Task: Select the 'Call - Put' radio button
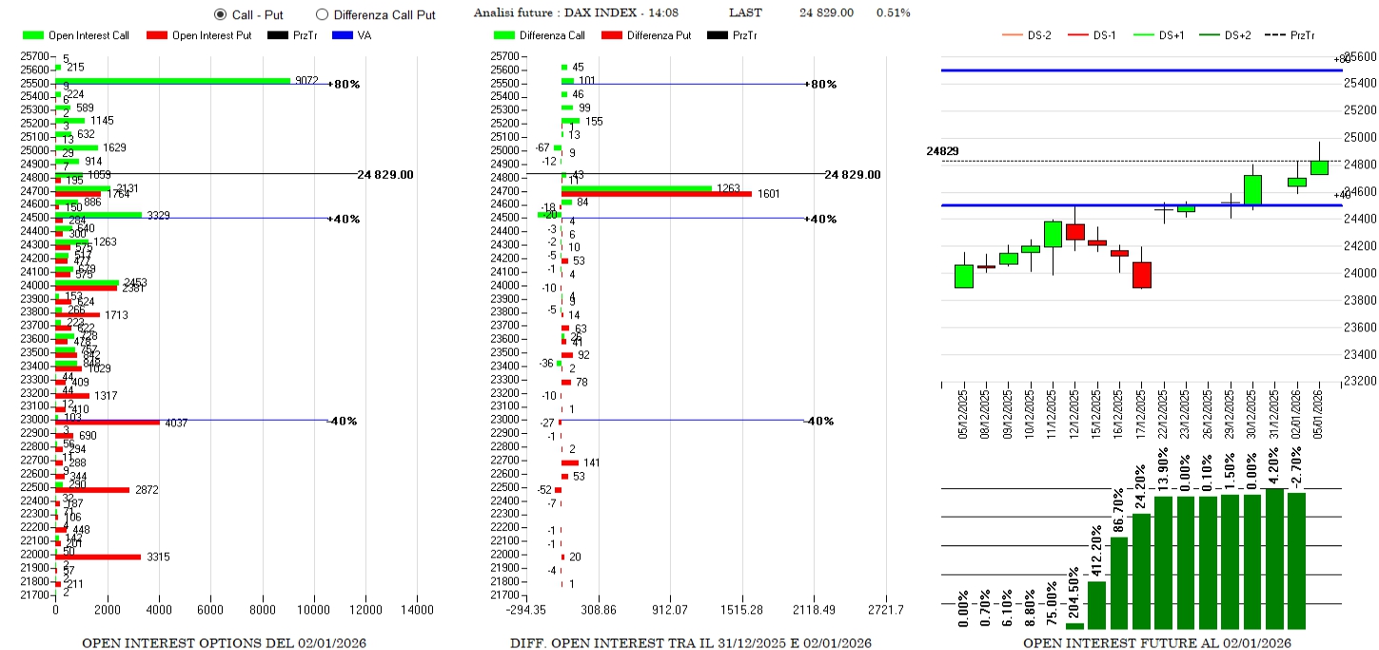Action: (x=221, y=14)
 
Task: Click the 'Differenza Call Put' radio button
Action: (x=322, y=14)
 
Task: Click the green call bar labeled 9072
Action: (x=172, y=81)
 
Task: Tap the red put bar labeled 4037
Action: (x=108, y=422)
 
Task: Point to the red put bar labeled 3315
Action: (x=98, y=557)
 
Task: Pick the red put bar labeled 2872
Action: (x=92, y=490)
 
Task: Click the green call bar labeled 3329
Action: (x=98, y=215)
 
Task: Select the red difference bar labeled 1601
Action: (x=657, y=194)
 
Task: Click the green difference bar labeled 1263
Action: (x=636, y=188)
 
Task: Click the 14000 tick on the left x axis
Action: (x=417, y=610)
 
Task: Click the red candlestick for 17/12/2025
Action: (x=1141, y=274)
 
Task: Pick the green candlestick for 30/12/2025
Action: (x=1252, y=189)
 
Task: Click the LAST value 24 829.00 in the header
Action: (x=826, y=13)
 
